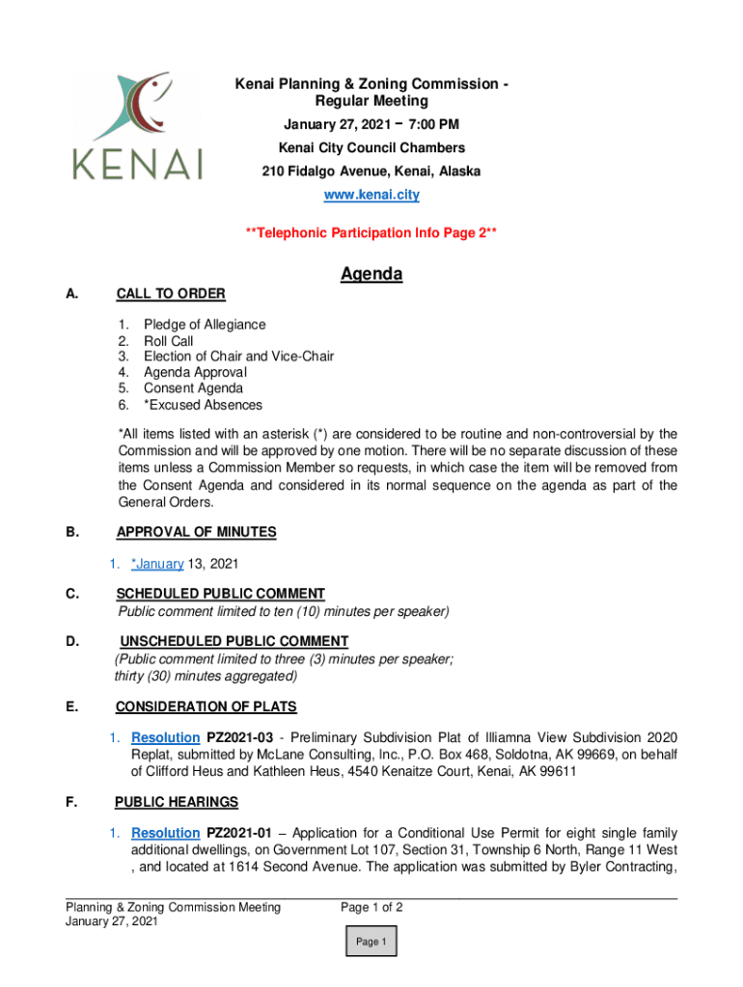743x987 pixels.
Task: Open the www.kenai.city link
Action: coord(371,195)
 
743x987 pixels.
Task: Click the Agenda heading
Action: coord(371,275)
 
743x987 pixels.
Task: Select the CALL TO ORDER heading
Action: coord(171,294)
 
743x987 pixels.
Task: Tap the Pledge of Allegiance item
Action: coord(205,325)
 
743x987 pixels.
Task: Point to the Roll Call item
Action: coord(169,341)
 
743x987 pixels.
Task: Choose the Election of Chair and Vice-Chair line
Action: coord(238,357)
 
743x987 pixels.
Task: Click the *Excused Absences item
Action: coord(203,405)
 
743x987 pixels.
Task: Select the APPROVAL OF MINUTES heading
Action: coord(196,532)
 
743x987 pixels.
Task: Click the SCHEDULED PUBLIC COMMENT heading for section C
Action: coord(221,594)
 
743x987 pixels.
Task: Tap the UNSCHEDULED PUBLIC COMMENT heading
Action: coord(234,642)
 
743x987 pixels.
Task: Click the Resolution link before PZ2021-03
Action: coord(166,738)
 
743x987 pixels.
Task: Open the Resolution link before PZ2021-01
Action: coord(166,833)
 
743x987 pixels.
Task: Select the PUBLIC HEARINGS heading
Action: coord(177,802)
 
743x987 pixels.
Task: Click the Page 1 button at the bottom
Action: coord(371,942)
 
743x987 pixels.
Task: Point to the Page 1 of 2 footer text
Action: coord(371,907)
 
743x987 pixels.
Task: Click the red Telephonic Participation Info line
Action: coord(371,233)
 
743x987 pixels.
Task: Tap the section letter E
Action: coord(72,707)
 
